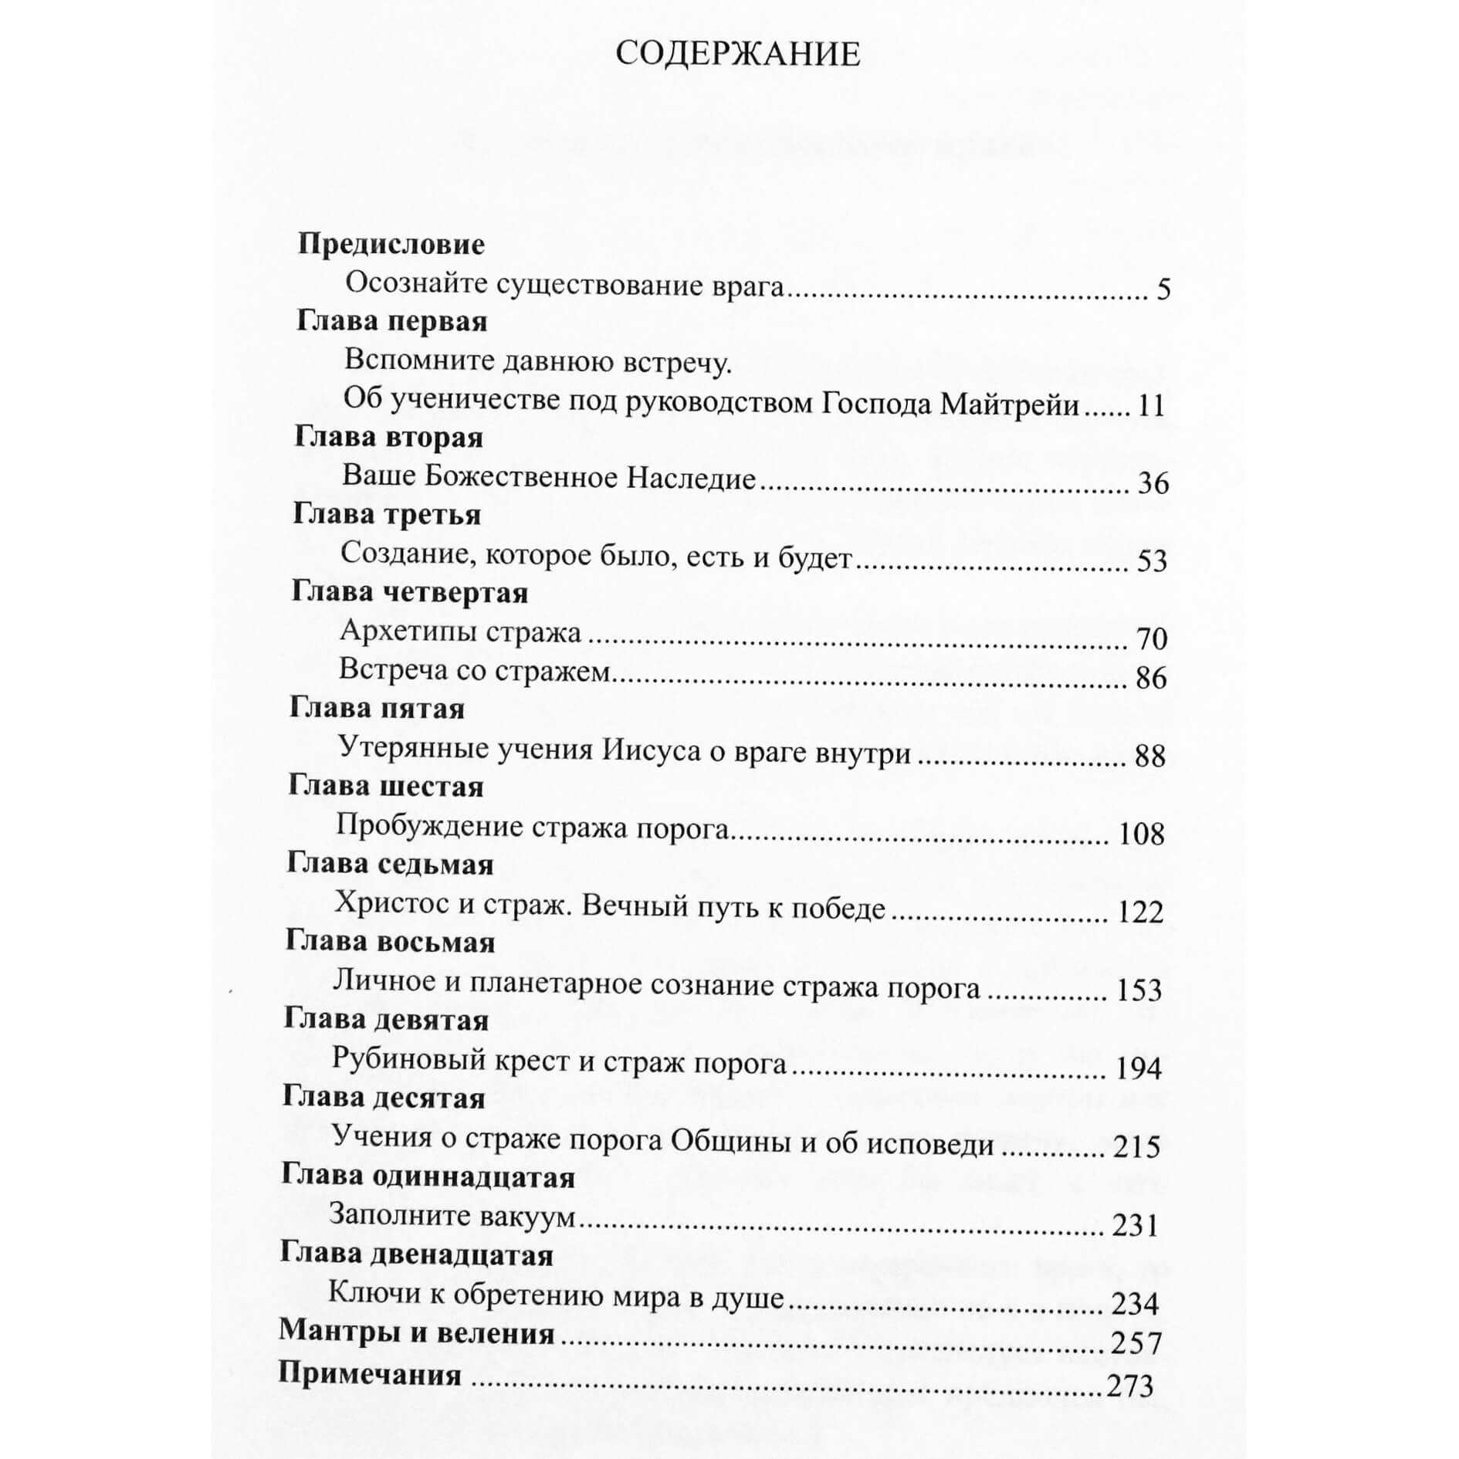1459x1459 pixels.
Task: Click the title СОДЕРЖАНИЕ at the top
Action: [737, 55]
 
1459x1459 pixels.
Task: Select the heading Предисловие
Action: [391, 244]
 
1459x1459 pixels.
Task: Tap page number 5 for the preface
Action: [1163, 289]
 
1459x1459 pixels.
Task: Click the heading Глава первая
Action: [391, 321]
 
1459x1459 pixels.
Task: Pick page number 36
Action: [1153, 483]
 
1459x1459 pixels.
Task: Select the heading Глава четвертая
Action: [410, 592]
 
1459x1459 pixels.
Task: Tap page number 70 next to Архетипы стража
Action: [1152, 639]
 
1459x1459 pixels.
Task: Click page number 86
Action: [1151, 679]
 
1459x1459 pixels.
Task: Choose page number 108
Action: [1141, 834]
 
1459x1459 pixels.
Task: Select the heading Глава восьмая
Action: [390, 943]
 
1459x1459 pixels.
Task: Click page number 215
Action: [1136, 1147]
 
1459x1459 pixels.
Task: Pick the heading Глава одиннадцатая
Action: [428, 1177]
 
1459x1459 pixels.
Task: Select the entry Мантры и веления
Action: [416, 1333]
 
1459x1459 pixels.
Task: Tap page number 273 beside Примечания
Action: [1129, 1386]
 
